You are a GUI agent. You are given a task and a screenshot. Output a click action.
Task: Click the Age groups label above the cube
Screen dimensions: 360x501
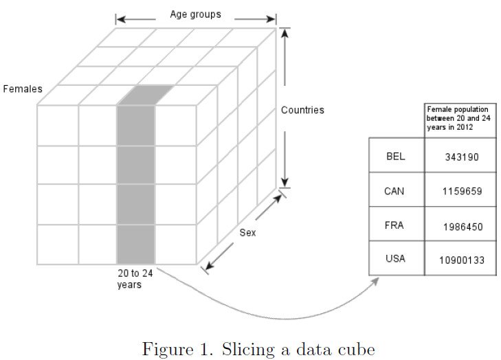(x=196, y=14)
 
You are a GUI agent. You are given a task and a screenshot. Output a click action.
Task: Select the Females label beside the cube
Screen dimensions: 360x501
(x=22, y=89)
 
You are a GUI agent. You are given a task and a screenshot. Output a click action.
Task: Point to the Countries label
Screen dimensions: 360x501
(x=302, y=110)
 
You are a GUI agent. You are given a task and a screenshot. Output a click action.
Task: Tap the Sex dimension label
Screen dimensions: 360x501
(x=247, y=233)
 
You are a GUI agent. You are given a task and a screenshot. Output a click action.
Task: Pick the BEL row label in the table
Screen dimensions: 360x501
(x=396, y=156)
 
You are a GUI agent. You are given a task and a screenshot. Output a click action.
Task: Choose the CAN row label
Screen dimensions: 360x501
(x=396, y=190)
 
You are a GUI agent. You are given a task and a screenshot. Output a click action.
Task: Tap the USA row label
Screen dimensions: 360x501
(x=396, y=259)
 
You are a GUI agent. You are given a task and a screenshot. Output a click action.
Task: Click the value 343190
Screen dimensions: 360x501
(x=460, y=157)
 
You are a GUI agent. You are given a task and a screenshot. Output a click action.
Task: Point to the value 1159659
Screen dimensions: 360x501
(x=460, y=192)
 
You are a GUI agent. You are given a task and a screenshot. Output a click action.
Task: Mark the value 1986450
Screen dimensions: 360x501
(x=460, y=226)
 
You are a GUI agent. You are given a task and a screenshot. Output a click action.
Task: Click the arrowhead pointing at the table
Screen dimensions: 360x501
(x=375, y=281)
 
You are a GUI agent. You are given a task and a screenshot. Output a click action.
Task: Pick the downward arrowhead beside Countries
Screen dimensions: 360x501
(x=285, y=182)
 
